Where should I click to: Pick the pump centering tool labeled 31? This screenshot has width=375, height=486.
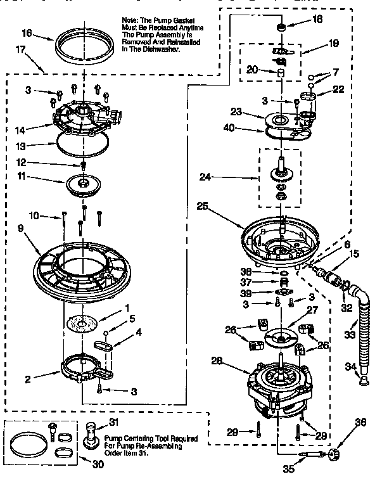tap(92, 437)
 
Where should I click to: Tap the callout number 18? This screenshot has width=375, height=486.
tap(317, 19)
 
